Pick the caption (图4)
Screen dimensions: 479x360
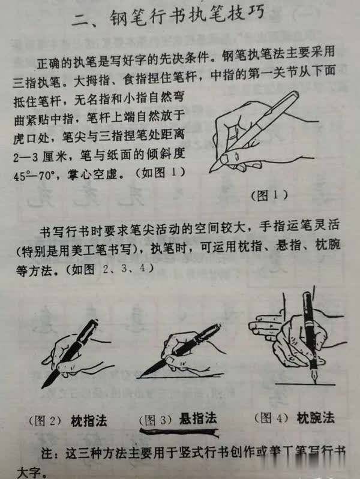[x=272, y=417]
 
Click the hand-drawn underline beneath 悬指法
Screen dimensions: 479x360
[x=180, y=430]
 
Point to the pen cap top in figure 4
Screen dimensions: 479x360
[x=307, y=295]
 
